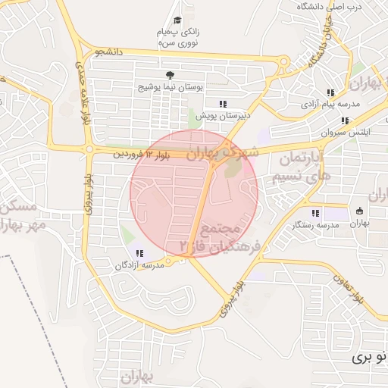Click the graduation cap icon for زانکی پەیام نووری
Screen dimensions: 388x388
pos(177,21)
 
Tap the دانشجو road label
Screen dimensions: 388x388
pos(108,52)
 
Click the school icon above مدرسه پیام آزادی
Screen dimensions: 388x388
pos(330,93)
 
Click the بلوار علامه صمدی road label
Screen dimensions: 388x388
pos(80,92)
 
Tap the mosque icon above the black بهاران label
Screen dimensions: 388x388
pos(359,211)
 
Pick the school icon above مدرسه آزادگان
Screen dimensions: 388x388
pos(139,253)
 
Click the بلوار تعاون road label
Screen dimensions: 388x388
pos(347,287)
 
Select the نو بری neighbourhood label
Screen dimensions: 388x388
pos(372,355)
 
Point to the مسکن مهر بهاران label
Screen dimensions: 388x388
pos(15,216)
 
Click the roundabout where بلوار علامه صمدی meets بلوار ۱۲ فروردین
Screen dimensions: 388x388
pos(89,149)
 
